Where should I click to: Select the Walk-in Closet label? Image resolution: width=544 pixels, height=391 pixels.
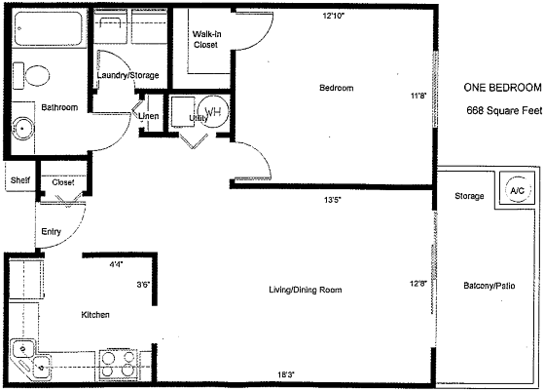tap(204, 39)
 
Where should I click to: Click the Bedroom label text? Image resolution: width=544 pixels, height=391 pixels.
tap(336, 89)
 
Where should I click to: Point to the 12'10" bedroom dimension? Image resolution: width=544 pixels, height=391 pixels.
tap(335, 16)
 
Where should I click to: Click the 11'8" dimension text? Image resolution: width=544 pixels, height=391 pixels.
tap(418, 96)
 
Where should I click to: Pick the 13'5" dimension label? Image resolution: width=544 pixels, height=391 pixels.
tap(334, 201)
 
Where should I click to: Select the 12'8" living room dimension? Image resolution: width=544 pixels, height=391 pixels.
tap(418, 284)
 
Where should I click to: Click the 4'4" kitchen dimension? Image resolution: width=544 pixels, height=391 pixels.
tap(117, 264)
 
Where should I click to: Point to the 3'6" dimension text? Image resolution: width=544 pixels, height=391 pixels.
tap(142, 285)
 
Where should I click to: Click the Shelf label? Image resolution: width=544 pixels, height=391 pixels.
tap(18, 181)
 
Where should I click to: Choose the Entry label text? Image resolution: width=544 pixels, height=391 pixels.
tap(52, 232)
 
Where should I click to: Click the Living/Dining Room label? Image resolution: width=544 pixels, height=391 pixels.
tap(305, 291)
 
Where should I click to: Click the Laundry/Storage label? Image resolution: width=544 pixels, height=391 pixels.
tap(127, 75)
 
